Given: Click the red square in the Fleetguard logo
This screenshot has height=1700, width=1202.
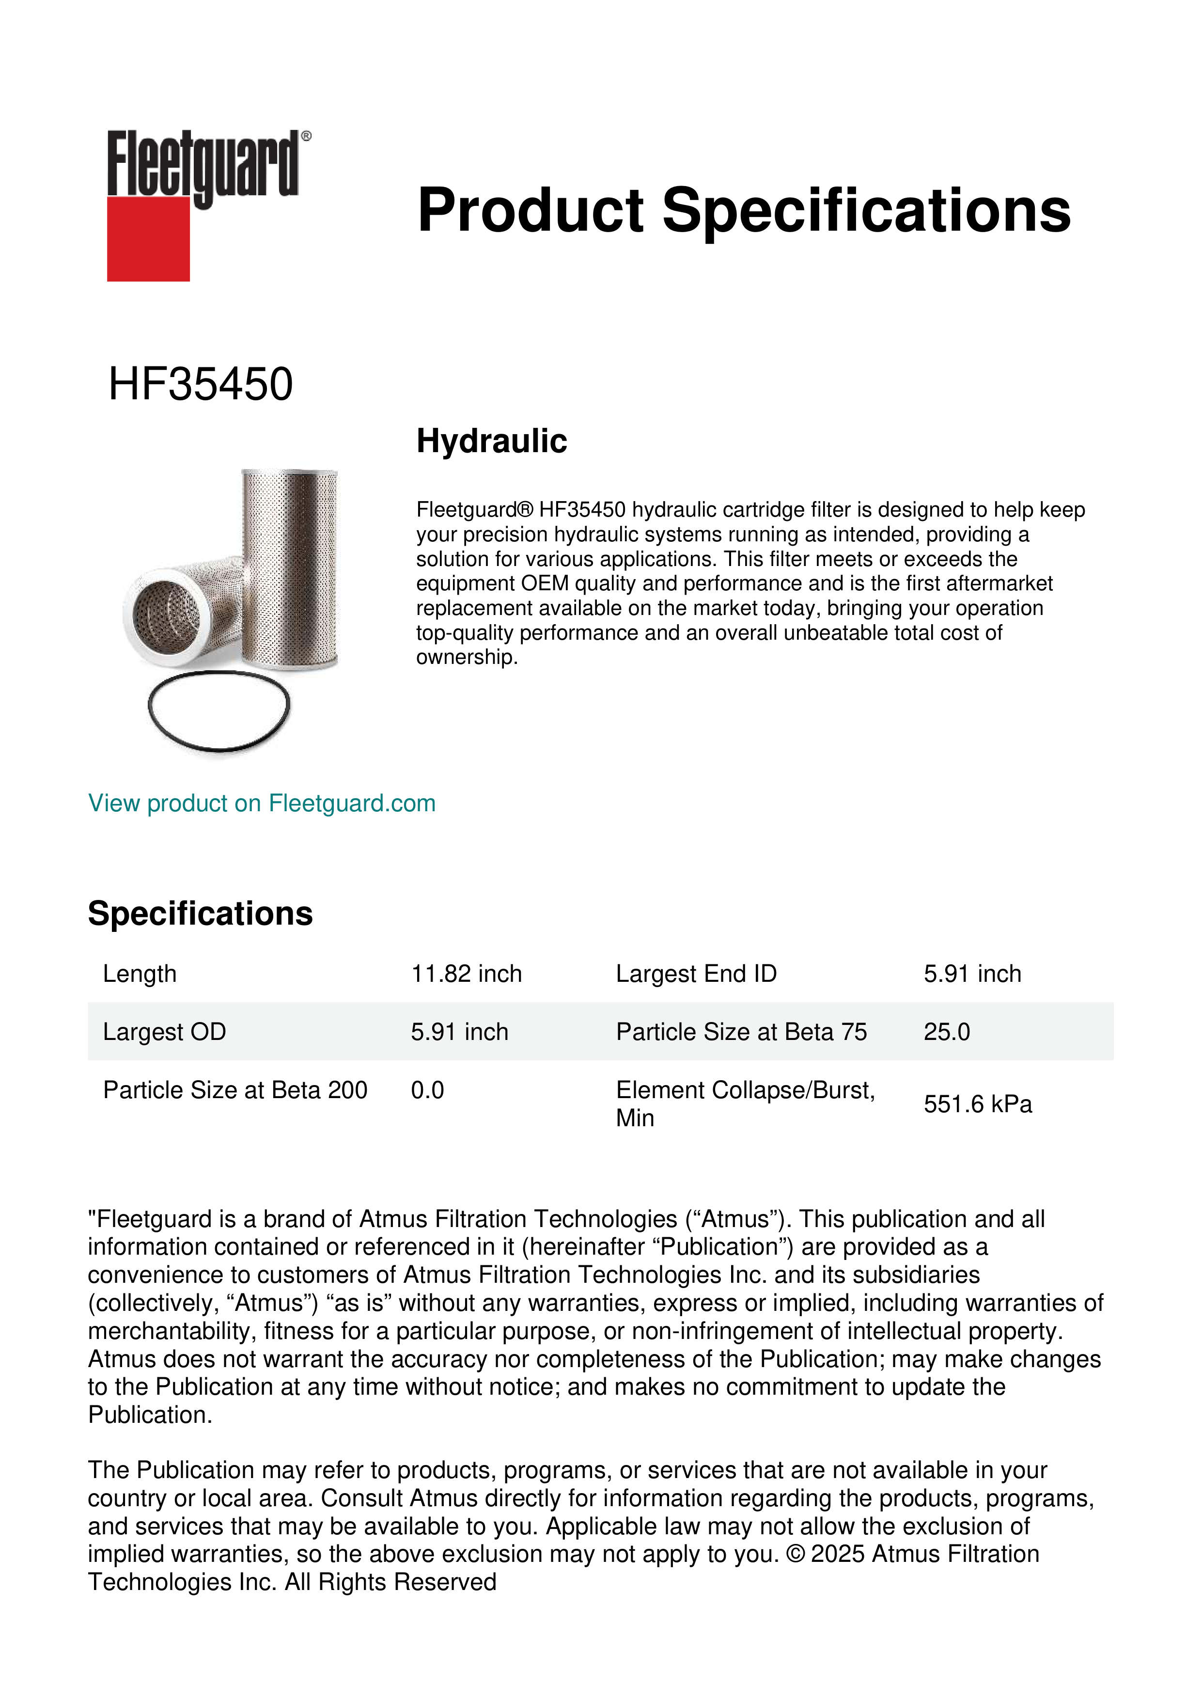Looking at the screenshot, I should pyautogui.click(x=148, y=238).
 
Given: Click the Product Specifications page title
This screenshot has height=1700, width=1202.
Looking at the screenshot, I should pyautogui.click(x=744, y=210).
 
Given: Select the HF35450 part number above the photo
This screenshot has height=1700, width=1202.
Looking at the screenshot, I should pyautogui.click(x=201, y=384).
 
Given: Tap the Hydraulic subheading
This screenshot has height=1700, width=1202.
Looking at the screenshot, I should pyautogui.click(x=491, y=441).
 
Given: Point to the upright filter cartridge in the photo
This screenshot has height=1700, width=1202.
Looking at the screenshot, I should pyautogui.click(x=290, y=563).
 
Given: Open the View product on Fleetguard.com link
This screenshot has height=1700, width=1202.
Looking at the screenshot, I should pyautogui.click(x=261, y=803).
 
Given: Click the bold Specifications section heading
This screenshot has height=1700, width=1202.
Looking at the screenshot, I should pyautogui.click(x=200, y=913).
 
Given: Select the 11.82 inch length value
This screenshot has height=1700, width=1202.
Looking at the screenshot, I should pyautogui.click(x=466, y=974).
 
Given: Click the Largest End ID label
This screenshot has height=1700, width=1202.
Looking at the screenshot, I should pyautogui.click(x=696, y=974).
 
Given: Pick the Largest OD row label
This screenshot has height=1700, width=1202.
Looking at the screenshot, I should pyautogui.click(x=164, y=1032).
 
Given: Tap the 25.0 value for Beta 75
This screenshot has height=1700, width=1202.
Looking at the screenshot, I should pyautogui.click(x=947, y=1032).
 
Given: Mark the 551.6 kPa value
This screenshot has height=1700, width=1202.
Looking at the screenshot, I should pyautogui.click(x=977, y=1105).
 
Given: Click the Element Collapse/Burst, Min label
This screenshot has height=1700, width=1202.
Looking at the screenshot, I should pyautogui.click(x=745, y=1104).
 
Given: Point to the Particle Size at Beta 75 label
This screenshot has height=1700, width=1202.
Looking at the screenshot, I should pyautogui.click(x=741, y=1032).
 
